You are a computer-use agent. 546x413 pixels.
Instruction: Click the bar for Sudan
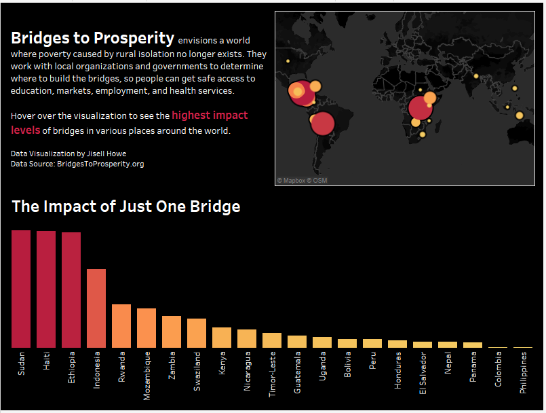coord(21,289)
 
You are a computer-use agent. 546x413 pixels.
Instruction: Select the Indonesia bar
coord(96,308)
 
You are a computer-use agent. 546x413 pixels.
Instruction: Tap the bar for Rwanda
coord(121,326)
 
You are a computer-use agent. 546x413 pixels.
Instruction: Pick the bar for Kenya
coord(222,338)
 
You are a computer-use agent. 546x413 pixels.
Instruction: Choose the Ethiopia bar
coord(71,290)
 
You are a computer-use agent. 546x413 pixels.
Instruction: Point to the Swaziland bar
coord(197,333)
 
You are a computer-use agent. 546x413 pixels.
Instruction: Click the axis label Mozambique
coord(147,376)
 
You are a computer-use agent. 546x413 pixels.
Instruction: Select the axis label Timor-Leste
coord(272,374)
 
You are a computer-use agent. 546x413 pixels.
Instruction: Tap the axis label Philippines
coord(523,373)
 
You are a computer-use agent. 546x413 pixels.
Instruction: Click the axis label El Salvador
coord(423,373)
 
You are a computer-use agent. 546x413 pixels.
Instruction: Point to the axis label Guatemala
coord(297,372)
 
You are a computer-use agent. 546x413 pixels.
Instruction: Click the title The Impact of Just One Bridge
coord(126,206)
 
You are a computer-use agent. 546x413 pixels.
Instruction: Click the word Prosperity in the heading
coord(134,38)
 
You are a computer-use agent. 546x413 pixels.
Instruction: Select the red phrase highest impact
coord(210,115)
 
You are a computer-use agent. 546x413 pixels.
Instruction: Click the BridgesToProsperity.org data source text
coord(100,164)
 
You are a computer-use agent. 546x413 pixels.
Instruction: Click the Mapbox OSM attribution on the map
coord(302,181)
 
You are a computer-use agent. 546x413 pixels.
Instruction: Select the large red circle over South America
coord(322,124)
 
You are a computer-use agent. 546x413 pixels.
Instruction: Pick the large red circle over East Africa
coord(421,108)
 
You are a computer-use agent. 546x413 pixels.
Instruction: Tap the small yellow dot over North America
coord(288,61)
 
